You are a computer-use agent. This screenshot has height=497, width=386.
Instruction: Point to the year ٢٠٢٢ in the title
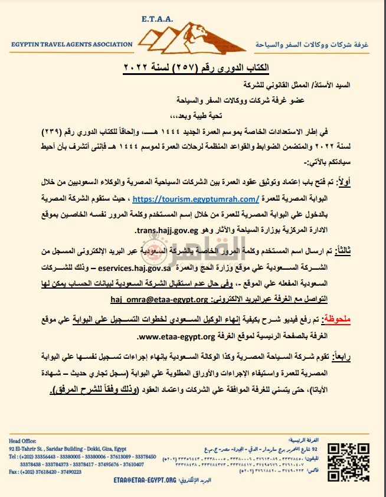click(138, 66)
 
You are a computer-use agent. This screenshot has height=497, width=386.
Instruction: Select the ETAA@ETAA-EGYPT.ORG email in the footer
click(144, 480)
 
